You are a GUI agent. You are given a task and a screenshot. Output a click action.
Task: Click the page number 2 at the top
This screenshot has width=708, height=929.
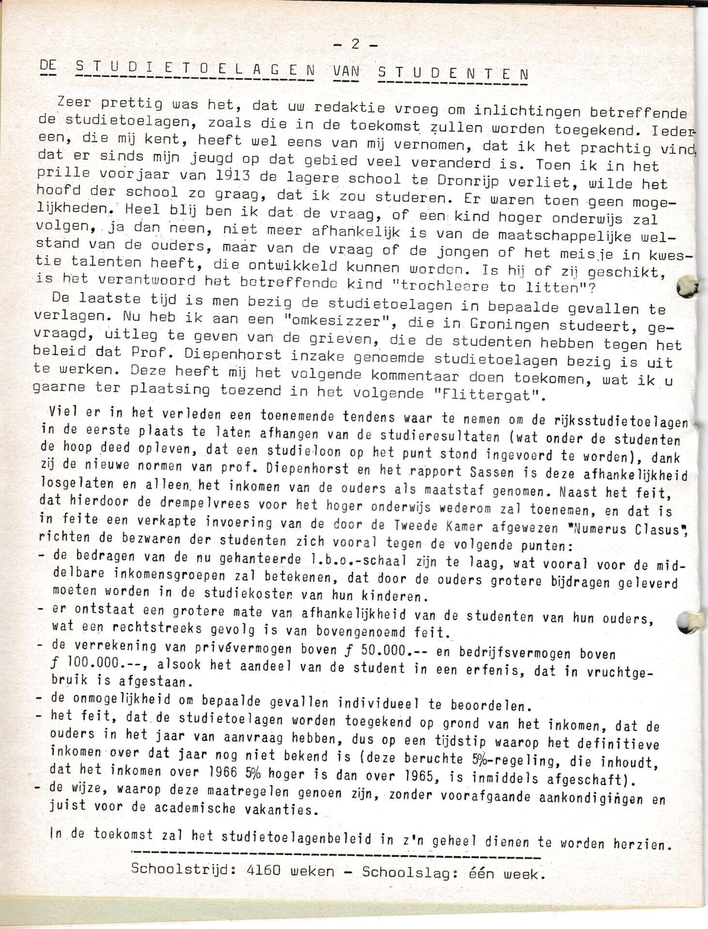355,44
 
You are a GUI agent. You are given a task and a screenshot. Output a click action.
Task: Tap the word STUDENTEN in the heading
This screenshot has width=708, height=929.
452,74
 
